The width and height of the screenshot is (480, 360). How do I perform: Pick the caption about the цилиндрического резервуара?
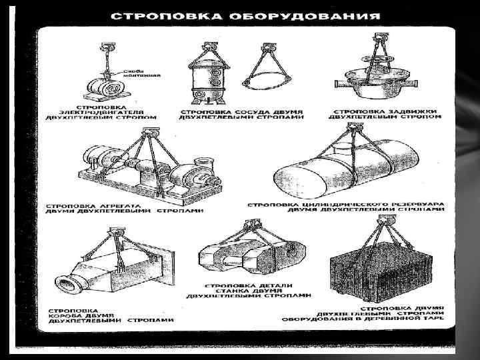347,207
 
